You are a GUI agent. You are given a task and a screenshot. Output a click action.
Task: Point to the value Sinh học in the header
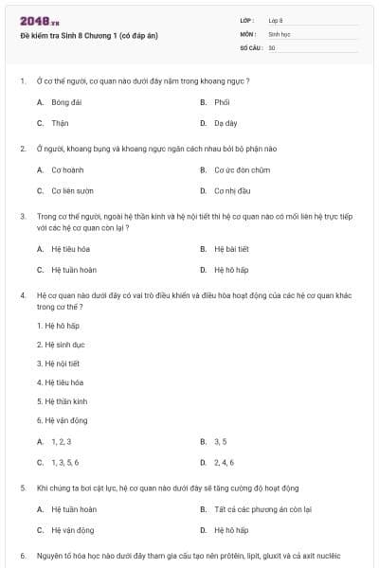(279, 32)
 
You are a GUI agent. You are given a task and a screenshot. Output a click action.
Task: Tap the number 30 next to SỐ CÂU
(272, 46)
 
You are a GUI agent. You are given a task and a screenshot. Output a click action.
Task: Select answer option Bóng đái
(67, 101)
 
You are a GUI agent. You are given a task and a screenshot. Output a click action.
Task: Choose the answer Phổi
(222, 101)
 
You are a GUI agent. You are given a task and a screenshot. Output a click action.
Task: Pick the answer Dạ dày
(225, 123)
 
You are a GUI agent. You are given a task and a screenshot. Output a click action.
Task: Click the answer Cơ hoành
(67, 169)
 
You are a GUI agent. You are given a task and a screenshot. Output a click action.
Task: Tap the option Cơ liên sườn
(71, 191)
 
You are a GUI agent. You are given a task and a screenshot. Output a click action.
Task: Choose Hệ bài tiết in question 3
(229, 249)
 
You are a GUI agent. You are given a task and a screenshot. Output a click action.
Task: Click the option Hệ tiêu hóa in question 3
(69, 249)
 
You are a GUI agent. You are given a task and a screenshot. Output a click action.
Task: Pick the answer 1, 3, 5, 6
(64, 462)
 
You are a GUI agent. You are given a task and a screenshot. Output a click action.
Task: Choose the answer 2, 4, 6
(224, 462)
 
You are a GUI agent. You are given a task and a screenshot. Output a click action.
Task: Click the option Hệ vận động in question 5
(72, 530)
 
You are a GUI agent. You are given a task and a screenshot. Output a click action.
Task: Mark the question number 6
(22, 556)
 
